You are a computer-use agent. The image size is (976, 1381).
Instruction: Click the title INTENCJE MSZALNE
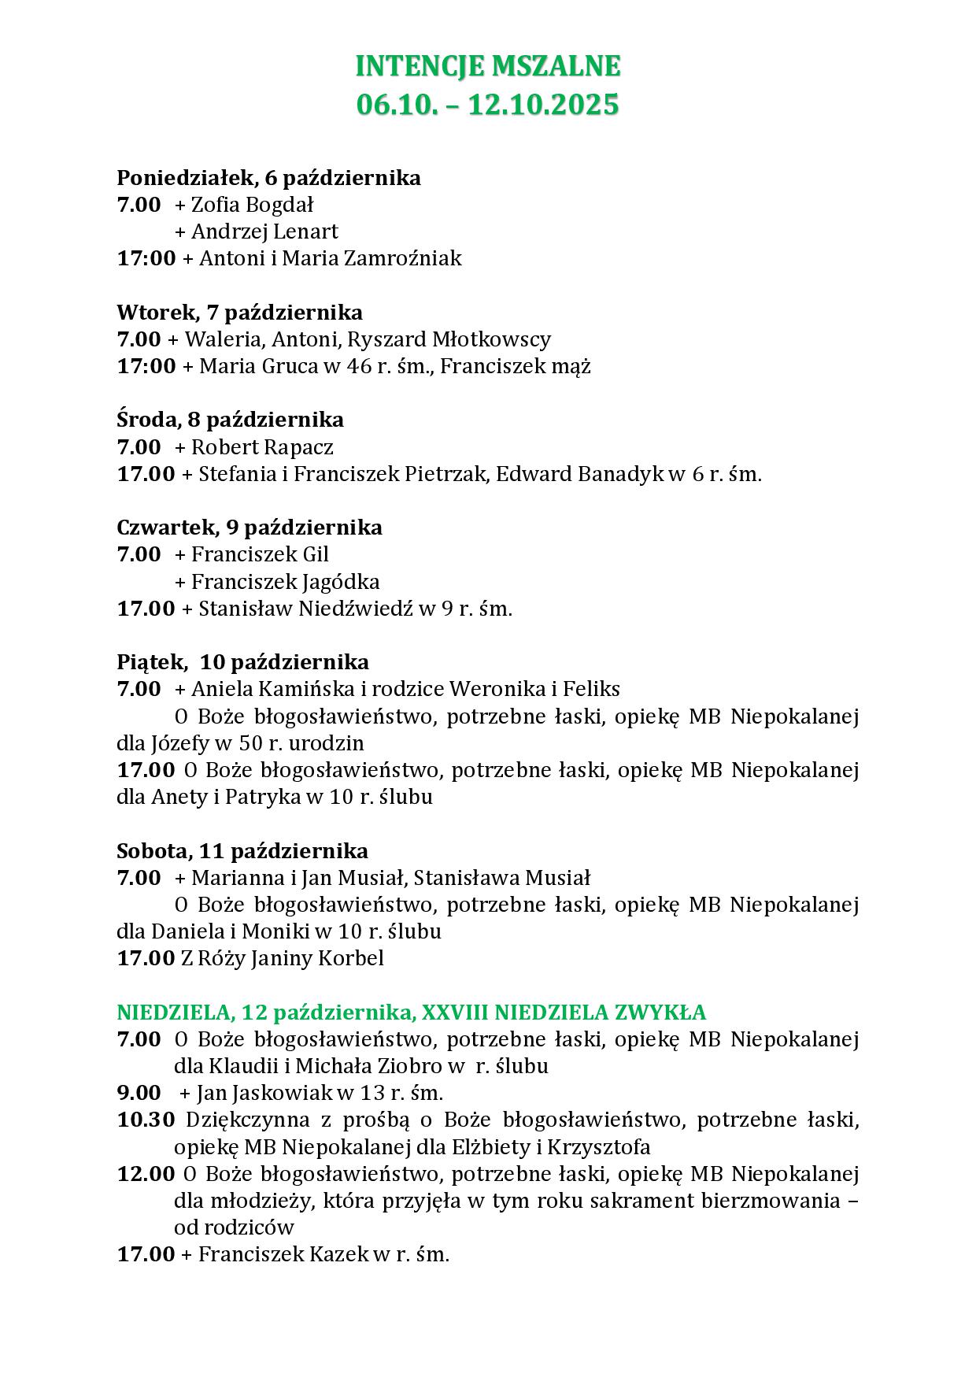[488, 67]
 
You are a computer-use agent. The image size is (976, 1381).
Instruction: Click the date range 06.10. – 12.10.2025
[488, 105]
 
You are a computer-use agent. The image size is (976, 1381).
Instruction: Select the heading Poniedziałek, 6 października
[268, 178]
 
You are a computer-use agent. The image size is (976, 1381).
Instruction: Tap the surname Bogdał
[279, 205]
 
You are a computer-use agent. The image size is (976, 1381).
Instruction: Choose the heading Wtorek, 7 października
[239, 313]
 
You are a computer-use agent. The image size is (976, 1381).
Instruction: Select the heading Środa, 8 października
[230, 420]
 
